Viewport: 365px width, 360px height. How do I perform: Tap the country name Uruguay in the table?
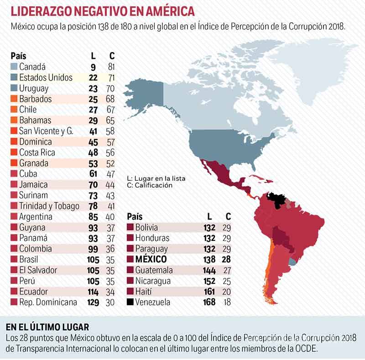(34, 89)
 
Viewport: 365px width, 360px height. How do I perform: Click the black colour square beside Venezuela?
(130, 302)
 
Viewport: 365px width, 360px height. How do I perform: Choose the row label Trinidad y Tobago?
(49, 206)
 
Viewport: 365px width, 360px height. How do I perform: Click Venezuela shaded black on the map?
(277, 200)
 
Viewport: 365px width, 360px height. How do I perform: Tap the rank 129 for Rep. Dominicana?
(93, 302)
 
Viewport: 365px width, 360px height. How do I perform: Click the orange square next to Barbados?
(14, 99)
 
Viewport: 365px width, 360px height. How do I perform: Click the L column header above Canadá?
(93, 56)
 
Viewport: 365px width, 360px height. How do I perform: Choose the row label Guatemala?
(154, 270)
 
